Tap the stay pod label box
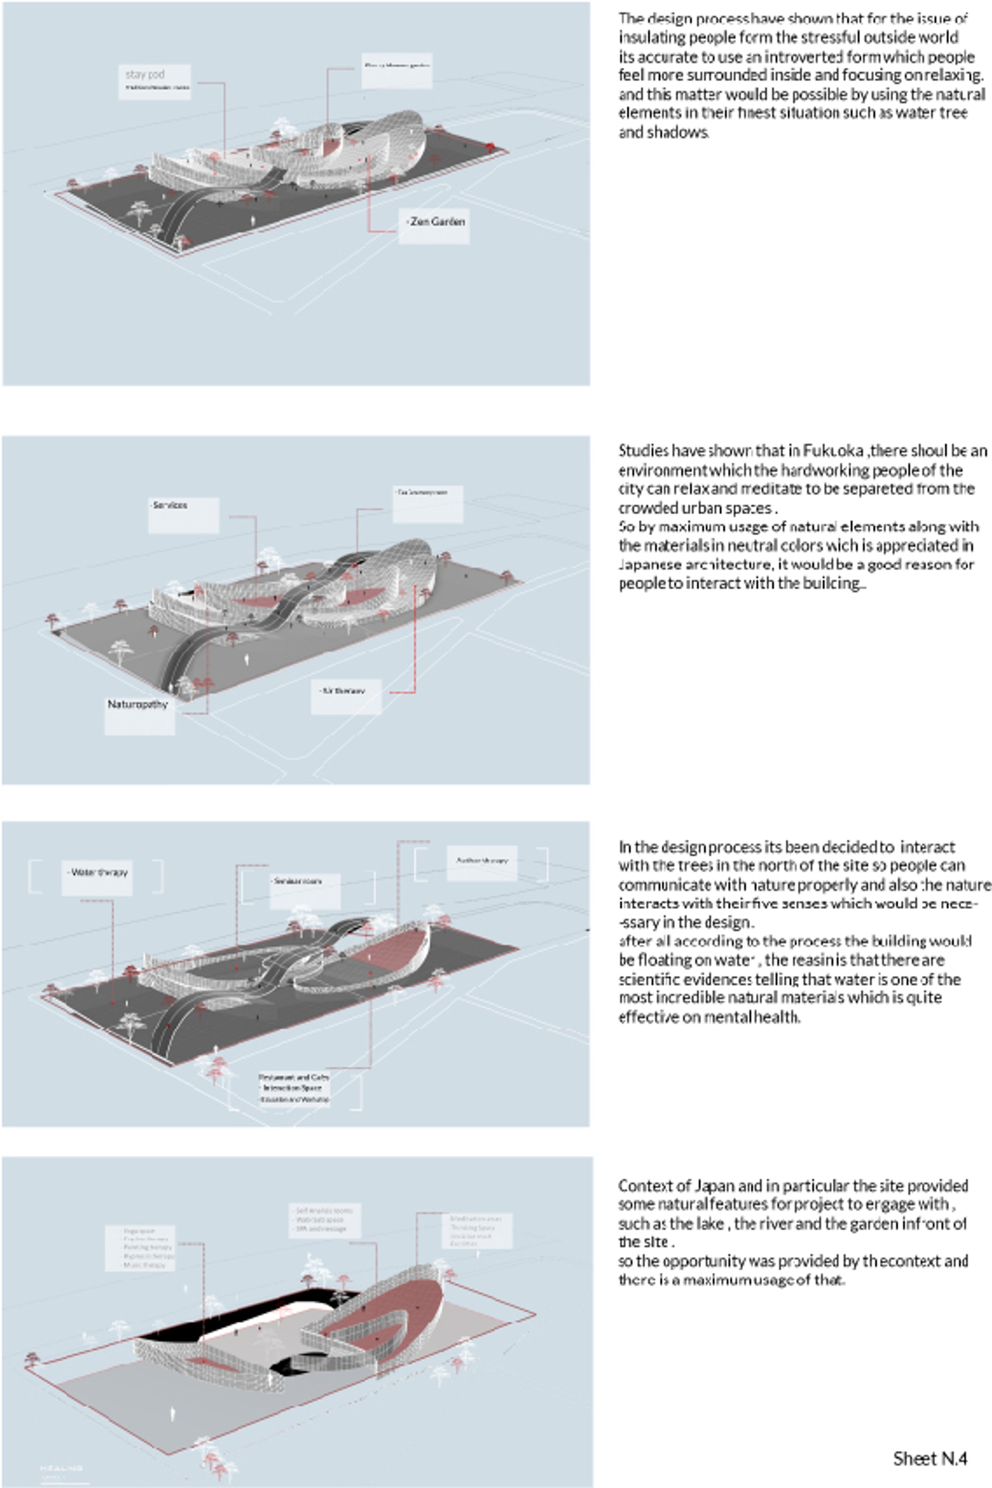(x=154, y=81)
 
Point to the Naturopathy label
(x=138, y=705)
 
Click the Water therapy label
(x=98, y=873)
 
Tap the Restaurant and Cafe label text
(x=293, y=1077)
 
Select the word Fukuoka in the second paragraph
(x=833, y=451)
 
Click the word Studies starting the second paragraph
(x=643, y=451)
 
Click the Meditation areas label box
(x=477, y=1230)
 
